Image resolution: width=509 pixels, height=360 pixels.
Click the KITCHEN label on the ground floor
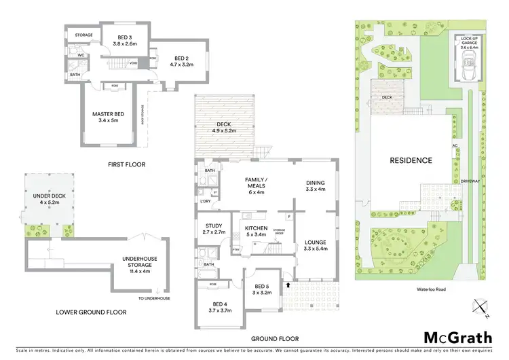[x=255, y=228]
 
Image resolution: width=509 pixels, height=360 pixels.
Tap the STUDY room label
[x=213, y=227]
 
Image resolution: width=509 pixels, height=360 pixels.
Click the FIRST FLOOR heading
[x=126, y=164]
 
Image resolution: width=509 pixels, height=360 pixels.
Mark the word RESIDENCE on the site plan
[x=410, y=161]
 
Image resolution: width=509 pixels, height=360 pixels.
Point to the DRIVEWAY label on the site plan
[x=471, y=181]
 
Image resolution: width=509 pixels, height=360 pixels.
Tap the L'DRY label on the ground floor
[x=204, y=202]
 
